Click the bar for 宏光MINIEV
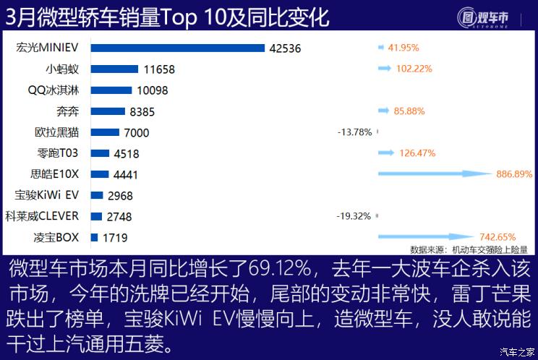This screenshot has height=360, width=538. pos(178,48)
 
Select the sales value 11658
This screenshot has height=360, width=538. pos(159,70)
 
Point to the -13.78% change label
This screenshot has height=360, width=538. pos(354,132)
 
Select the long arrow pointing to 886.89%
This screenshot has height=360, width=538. pos(434,174)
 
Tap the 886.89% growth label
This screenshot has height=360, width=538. pos(514,174)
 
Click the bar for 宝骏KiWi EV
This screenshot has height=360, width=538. pos(97,195)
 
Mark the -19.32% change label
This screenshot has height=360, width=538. pos(354,216)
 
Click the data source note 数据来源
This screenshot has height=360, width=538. pos(469,249)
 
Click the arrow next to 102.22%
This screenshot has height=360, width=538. pos(391,69)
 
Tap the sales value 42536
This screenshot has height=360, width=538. pos(284,49)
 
